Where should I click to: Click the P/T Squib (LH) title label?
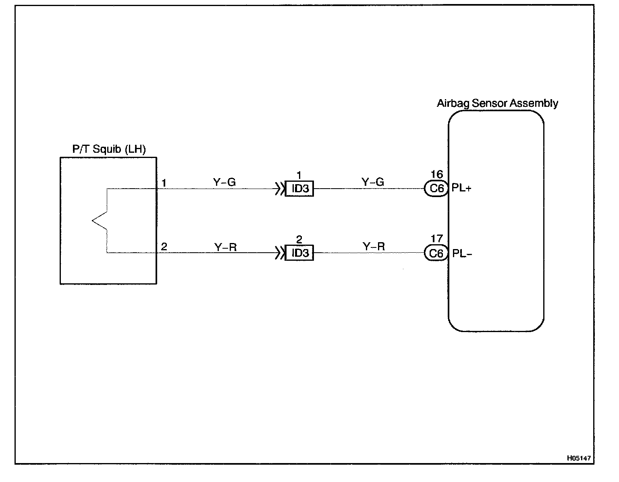tap(109, 150)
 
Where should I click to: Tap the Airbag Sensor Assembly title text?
tap(497, 104)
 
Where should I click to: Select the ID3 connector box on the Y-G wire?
tap(299, 189)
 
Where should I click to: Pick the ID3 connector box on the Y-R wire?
tap(299, 253)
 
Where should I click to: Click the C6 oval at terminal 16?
tap(436, 188)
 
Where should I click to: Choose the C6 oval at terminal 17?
tap(436, 253)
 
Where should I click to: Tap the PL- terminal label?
tap(462, 253)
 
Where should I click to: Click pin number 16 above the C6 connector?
tap(436, 175)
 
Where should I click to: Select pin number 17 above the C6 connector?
tap(436, 239)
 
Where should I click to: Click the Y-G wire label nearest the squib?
tap(224, 183)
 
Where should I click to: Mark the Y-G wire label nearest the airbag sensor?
tap(373, 183)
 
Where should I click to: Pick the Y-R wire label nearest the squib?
tap(225, 247)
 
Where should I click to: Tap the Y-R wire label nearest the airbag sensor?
tap(374, 247)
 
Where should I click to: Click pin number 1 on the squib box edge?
tap(164, 183)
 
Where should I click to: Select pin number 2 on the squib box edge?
tap(164, 247)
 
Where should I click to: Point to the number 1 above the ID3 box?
tap(299, 175)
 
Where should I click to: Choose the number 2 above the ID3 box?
tap(299, 240)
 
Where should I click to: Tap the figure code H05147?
tap(579, 458)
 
